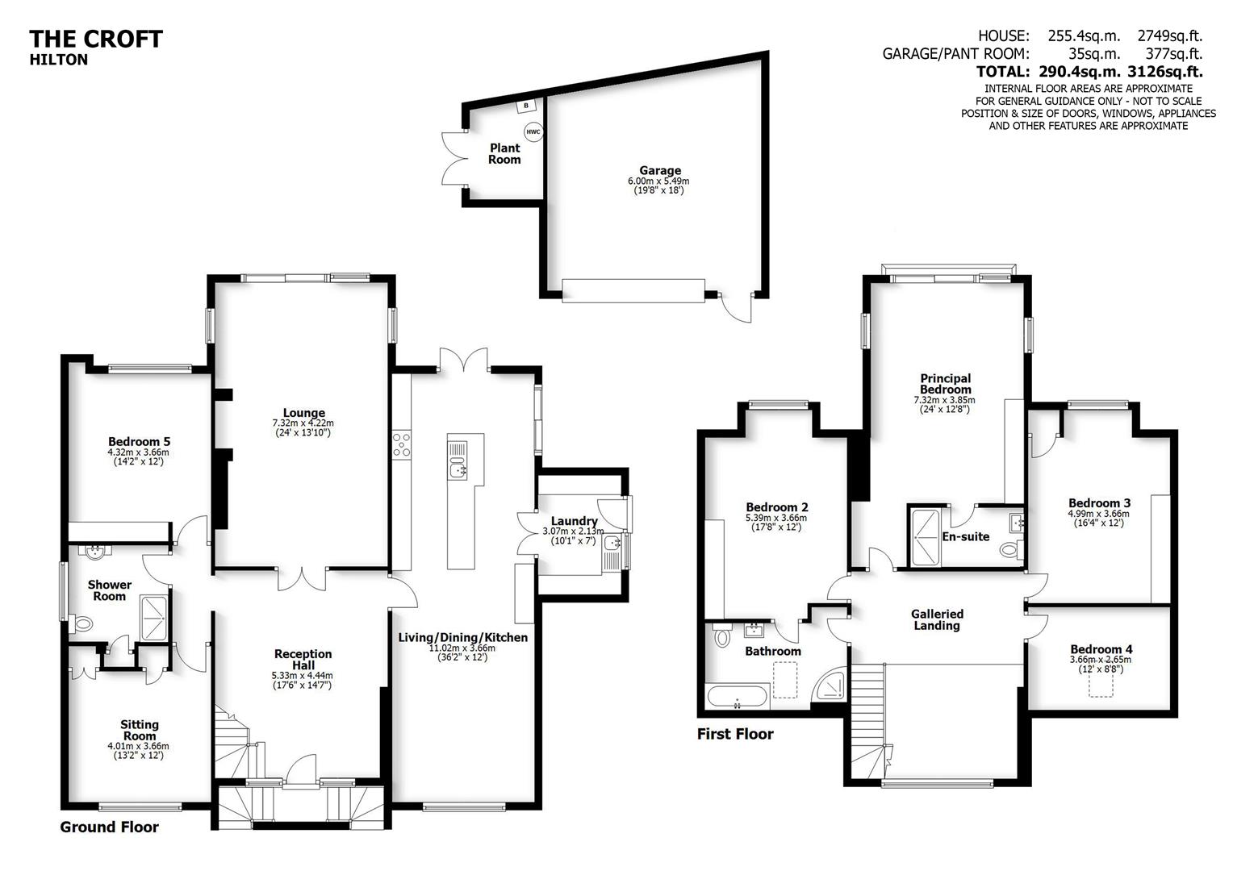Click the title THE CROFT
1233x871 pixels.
pos(96,39)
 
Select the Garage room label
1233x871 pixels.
pos(659,170)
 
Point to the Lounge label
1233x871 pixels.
pos(303,413)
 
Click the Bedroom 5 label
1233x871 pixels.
pos(139,442)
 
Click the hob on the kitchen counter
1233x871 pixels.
pos(402,445)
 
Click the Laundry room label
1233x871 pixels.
pos(574,521)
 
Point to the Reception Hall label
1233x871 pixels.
pos(303,660)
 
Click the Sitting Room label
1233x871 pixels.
pos(139,730)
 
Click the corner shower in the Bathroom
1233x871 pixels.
pos(830,684)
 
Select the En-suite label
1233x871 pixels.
pos(965,536)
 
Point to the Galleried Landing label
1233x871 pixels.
pos(937,619)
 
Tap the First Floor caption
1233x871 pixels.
pos(735,734)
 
